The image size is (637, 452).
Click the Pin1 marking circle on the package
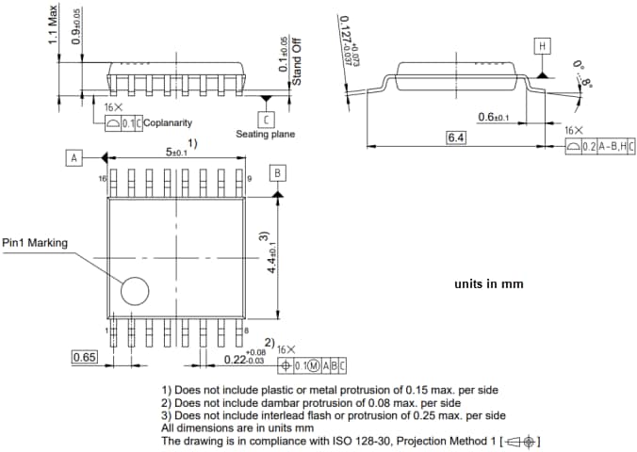pos(134,290)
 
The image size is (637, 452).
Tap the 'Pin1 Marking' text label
pos(35,243)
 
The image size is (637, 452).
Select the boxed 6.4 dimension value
pos(457,137)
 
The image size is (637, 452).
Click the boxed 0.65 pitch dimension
pos(85,357)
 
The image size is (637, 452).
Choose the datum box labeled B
pos(277,173)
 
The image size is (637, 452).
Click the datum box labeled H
pos(542,46)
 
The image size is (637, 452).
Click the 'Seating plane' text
pos(265,135)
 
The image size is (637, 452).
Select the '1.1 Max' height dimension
pos(54,23)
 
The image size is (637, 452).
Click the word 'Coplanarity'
pos(168,122)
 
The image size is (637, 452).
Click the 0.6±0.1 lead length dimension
pos(493,117)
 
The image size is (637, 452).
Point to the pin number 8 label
pos(246,331)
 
